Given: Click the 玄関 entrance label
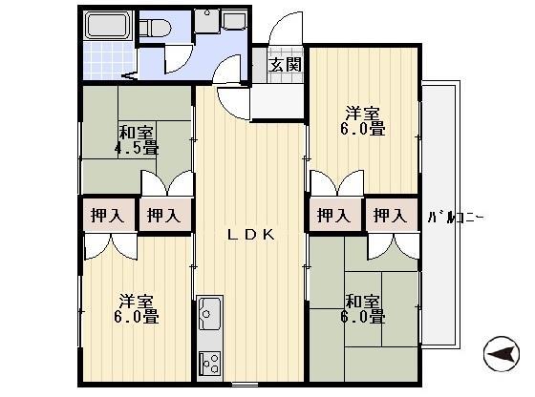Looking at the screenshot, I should (285, 65).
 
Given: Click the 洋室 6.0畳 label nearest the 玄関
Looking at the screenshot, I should (363, 119).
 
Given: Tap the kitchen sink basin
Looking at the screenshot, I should (209, 311).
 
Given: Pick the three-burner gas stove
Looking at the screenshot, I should (209, 363).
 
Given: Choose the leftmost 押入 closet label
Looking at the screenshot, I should (107, 215).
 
